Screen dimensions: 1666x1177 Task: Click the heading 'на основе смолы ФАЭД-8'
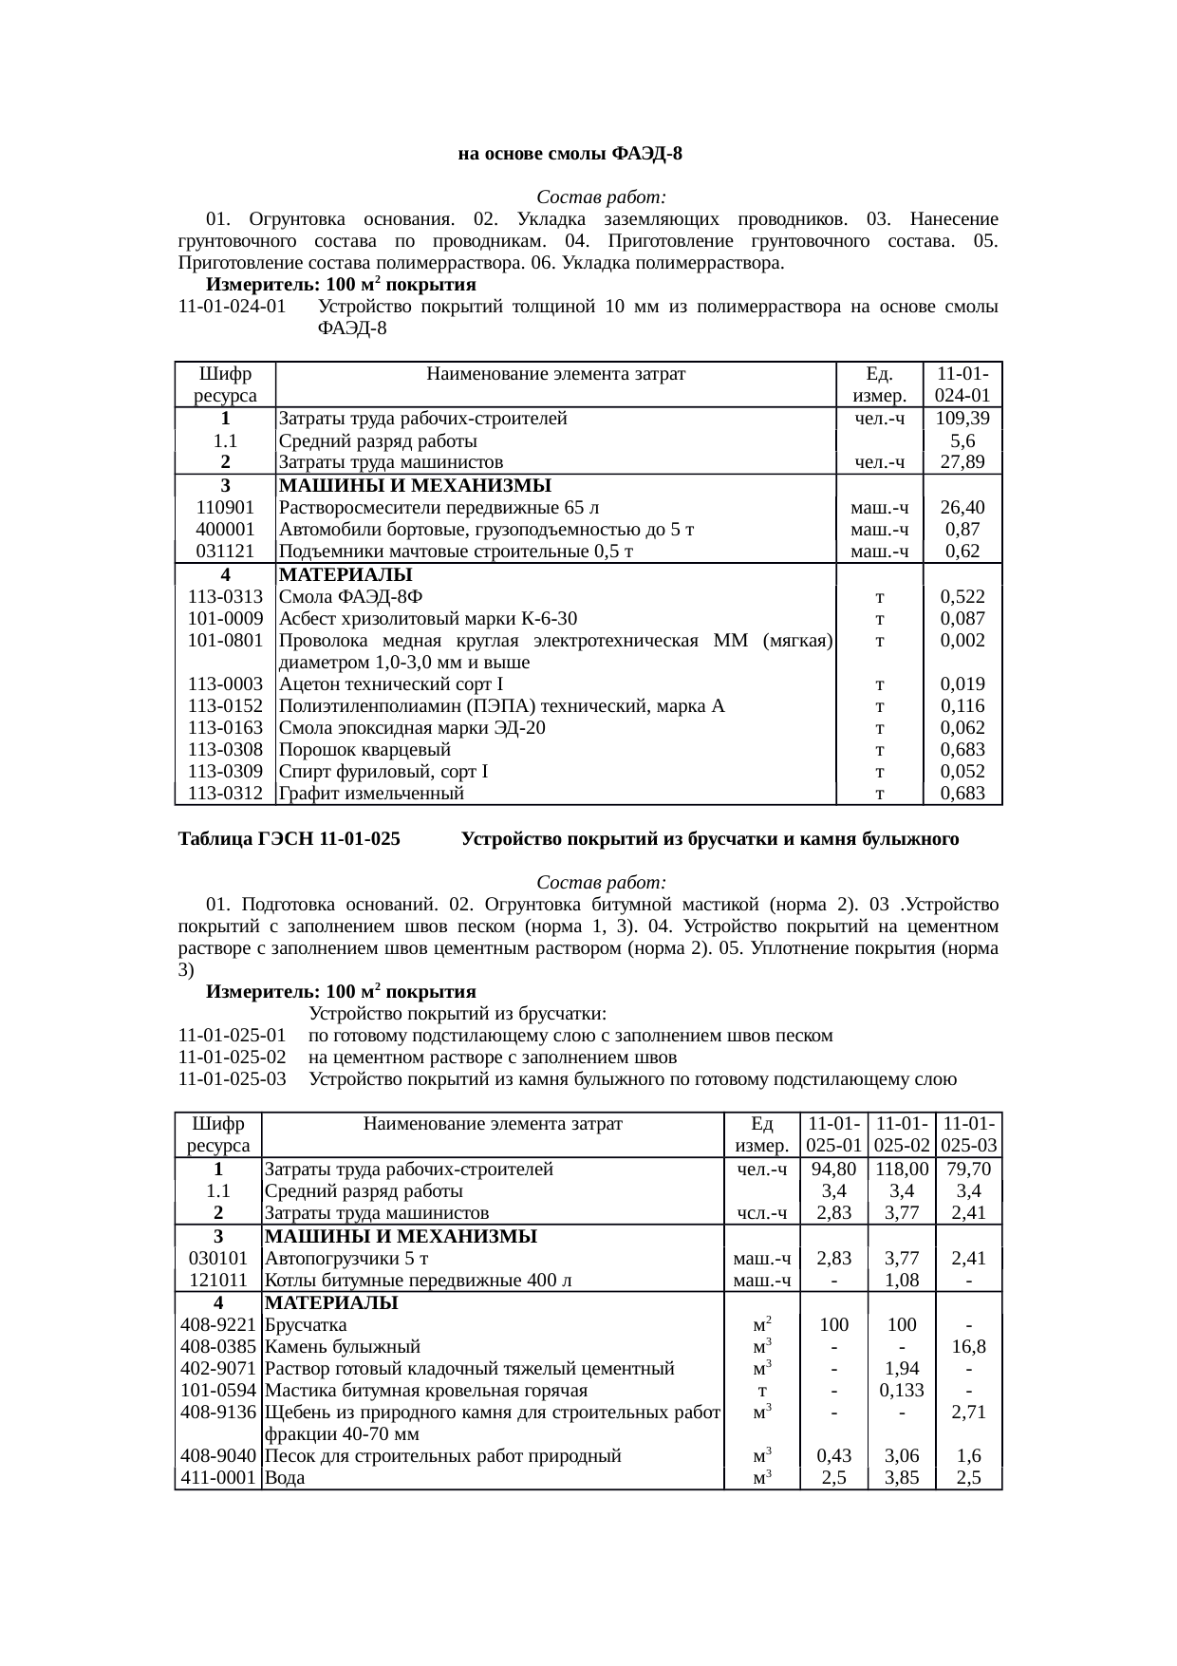coord(570,154)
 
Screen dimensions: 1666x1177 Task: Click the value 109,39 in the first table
coord(962,419)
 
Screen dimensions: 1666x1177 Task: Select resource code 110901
coord(225,508)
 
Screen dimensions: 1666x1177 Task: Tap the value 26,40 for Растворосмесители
coord(962,508)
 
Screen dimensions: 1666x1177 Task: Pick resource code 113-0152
coord(225,706)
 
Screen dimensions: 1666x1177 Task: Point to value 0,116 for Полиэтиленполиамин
coord(962,706)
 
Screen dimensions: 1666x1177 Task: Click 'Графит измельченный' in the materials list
coord(371,794)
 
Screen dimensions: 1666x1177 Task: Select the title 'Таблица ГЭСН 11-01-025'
coord(289,840)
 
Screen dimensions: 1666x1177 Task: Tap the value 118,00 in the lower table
coord(901,1170)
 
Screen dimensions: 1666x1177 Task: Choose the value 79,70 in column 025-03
coord(968,1170)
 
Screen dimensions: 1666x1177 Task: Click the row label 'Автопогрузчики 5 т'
coord(346,1259)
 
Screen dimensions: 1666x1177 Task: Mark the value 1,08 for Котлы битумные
coord(901,1281)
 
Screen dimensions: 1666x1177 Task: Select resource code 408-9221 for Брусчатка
coord(218,1325)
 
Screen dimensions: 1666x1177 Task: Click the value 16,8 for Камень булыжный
coord(968,1347)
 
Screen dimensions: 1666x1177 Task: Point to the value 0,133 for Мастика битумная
coord(901,1391)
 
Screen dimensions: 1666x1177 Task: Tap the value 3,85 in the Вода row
coord(901,1478)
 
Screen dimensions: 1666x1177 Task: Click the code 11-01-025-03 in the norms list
coord(233,1079)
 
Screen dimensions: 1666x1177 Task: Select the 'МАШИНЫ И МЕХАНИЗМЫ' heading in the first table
coord(416,487)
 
